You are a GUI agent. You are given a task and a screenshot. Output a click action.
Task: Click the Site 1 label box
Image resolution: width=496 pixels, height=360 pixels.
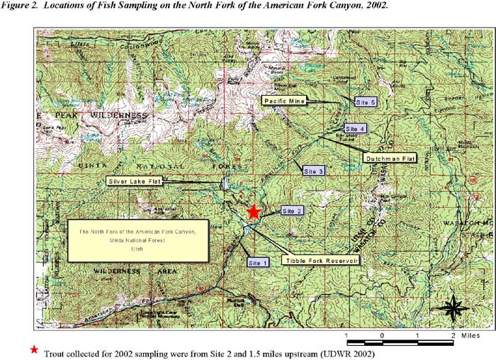pos(258,262)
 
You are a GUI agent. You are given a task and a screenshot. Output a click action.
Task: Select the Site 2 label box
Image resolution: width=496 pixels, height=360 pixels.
pos(293,210)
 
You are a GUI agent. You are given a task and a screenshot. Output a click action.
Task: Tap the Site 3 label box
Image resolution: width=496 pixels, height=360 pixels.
pos(313,171)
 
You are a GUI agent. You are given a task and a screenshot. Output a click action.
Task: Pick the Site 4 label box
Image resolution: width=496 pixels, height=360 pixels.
pos(355,129)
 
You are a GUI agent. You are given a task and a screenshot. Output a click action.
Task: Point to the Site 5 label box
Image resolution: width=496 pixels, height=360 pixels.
pos(365,102)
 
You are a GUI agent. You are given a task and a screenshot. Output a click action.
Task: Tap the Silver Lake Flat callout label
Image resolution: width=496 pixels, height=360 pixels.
pos(135,181)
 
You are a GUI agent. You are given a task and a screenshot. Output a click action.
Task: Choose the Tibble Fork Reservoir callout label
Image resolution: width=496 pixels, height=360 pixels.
pos(320,260)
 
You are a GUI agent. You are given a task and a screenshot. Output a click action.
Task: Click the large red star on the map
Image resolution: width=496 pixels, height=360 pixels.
pos(254,211)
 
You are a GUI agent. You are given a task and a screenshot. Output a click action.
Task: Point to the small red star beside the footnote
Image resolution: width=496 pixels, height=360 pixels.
pos(33,351)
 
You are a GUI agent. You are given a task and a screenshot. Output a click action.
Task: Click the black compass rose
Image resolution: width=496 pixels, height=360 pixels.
pos(453,308)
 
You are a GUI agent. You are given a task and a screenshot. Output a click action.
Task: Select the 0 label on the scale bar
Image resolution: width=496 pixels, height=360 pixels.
pos(382,334)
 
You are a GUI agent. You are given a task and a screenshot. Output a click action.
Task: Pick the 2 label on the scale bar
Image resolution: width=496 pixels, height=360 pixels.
pos(452,334)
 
